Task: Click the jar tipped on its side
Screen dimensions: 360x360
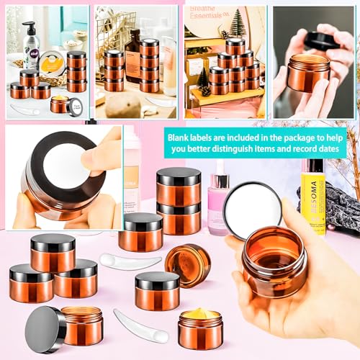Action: tap(188, 264)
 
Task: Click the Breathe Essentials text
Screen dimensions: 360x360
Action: tap(212, 10)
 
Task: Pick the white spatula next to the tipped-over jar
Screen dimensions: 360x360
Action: tap(120, 261)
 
